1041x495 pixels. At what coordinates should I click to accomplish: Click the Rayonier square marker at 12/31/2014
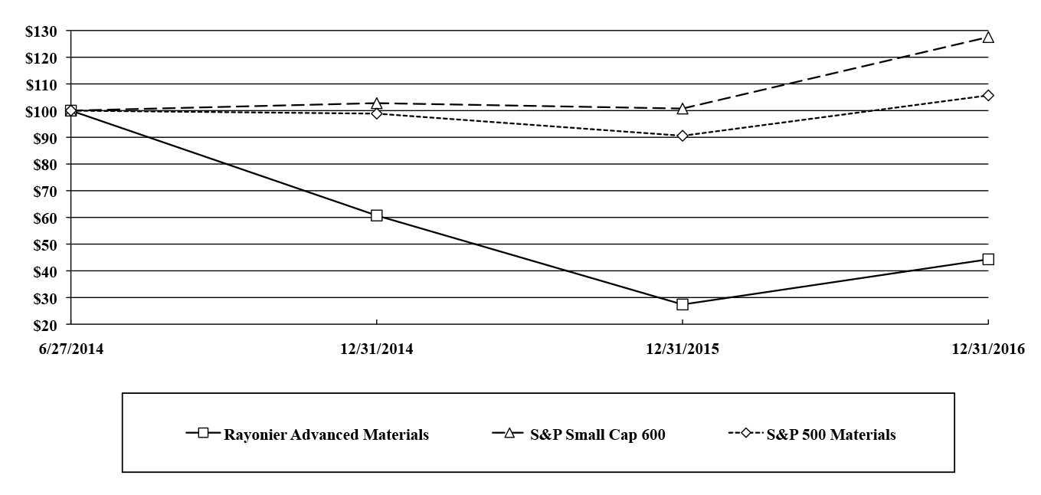[x=376, y=215]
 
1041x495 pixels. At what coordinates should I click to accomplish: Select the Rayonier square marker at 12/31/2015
[x=682, y=304]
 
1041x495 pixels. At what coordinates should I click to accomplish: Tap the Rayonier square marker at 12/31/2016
[x=988, y=259]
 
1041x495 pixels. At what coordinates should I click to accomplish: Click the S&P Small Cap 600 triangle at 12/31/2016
[x=988, y=37]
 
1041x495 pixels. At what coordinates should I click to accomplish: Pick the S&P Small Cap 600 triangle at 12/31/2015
[x=682, y=109]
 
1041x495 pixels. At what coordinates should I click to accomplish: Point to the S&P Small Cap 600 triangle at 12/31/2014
[x=376, y=103]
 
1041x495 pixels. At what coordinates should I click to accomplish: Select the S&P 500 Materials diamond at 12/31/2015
[x=682, y=136]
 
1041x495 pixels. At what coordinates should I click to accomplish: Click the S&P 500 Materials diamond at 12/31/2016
[x=988, y=95]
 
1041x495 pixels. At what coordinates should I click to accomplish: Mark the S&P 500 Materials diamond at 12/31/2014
[x=376, y=113]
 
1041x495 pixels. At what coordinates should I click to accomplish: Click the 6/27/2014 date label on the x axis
[x=70, y=349]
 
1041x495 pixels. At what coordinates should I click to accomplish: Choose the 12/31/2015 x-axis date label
[x=682, y=349]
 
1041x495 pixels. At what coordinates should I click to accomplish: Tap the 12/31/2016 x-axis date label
[x=988, y=349]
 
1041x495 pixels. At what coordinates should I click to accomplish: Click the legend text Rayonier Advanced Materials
[x=326, y=434]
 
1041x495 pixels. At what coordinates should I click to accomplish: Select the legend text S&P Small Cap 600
[x=597, y=434]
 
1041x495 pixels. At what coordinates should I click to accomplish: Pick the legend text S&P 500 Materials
[x=831, y=434]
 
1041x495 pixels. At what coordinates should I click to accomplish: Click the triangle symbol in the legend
[x=509, y=433]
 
